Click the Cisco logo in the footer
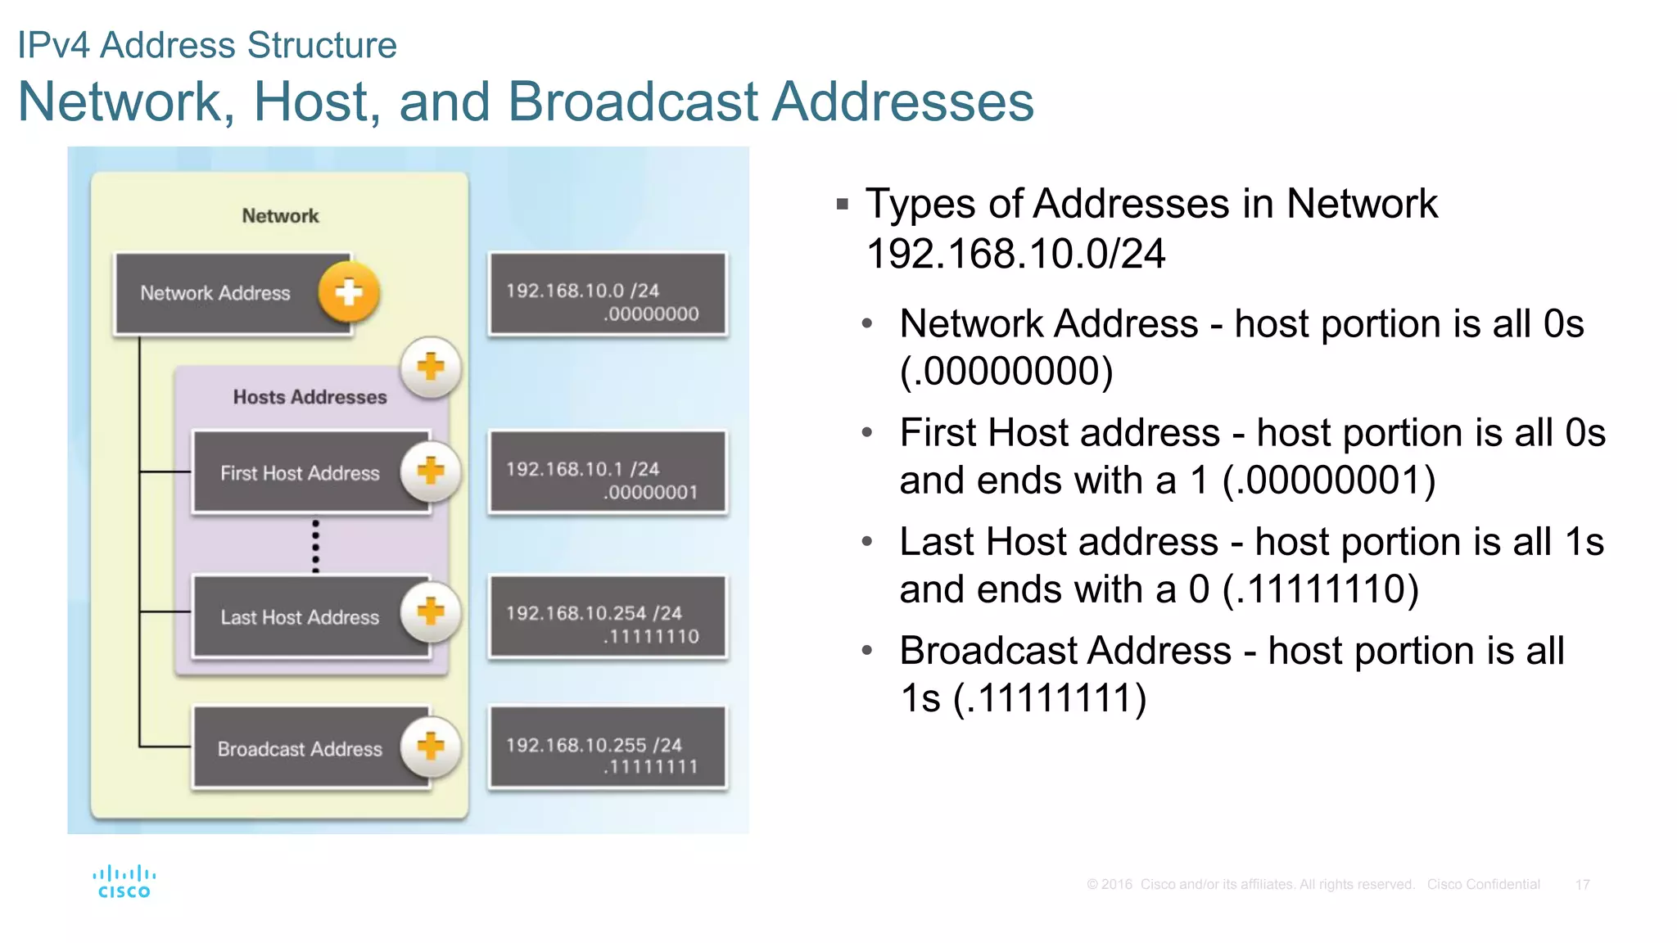(x=124, y=882)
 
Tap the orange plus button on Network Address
(x=349, y=292)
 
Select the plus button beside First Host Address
(x=431, y=471)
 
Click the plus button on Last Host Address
(x=431, y=611)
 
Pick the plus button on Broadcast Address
(x=431, y=746)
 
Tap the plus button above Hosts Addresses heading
(x=431, y=367)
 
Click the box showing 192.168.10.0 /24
(x=607, y=295)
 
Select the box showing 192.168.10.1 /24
(x=607, y=473)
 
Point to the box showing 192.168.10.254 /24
(x=607, y=617)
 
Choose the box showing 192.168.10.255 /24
(x=607, y=748)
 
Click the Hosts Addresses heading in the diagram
(x=310, y=397)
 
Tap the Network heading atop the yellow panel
(x=280, y=216)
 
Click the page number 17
(x=1582, y=885)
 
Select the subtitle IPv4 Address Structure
(x=207, y=45)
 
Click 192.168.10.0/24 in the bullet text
(x=1015, y=254)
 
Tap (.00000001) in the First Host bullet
(x=1329, y=481)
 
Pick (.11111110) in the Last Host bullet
(x=1320, y=589)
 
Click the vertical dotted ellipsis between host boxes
(x=316, y=545)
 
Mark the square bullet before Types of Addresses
(x=843, y=204)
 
